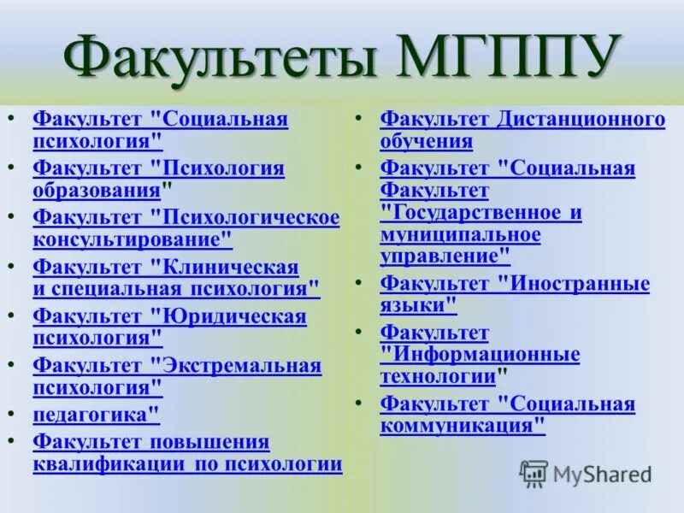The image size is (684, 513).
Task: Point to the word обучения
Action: [x=426, y=141]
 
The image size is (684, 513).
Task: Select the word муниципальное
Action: [x=460, y=234]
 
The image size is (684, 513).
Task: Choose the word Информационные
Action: [x=480, y=354]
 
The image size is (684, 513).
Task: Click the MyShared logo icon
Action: [x=534, y=474]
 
